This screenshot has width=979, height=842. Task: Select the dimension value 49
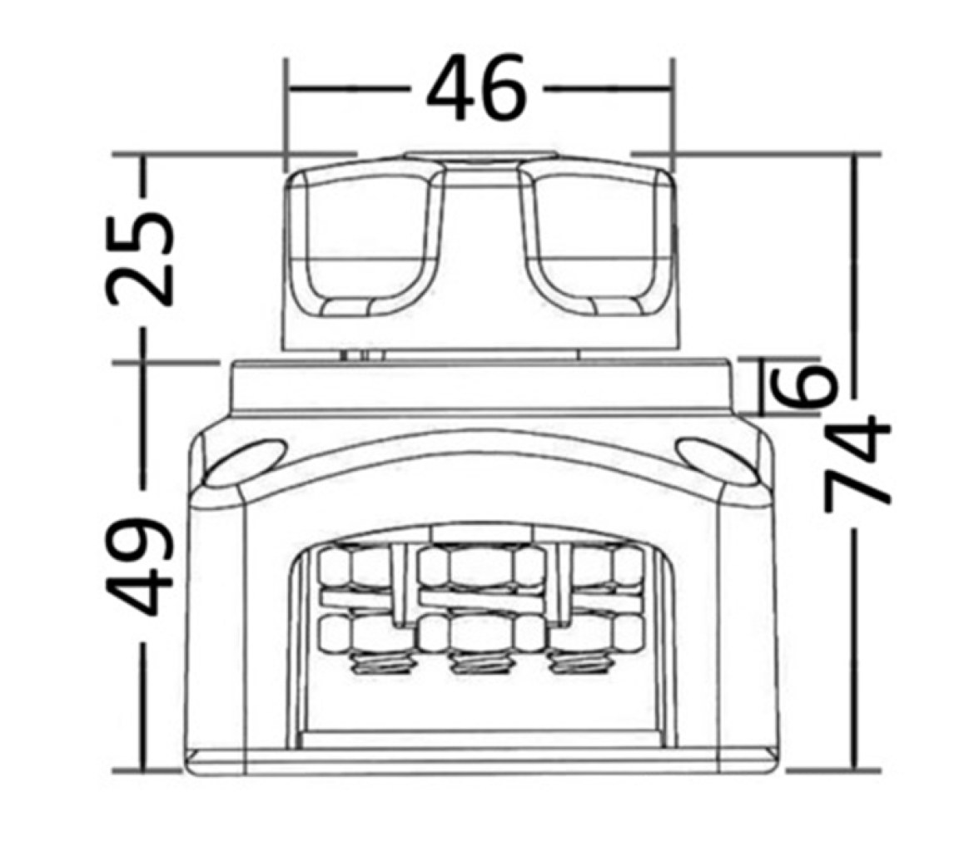click(140, 566)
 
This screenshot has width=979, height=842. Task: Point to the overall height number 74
click(857, 462)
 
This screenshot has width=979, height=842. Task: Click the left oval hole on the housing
click(246, 462)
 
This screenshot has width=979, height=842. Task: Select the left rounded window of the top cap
click(365, 244)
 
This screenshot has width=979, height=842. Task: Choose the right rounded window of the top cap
click(596, 244)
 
